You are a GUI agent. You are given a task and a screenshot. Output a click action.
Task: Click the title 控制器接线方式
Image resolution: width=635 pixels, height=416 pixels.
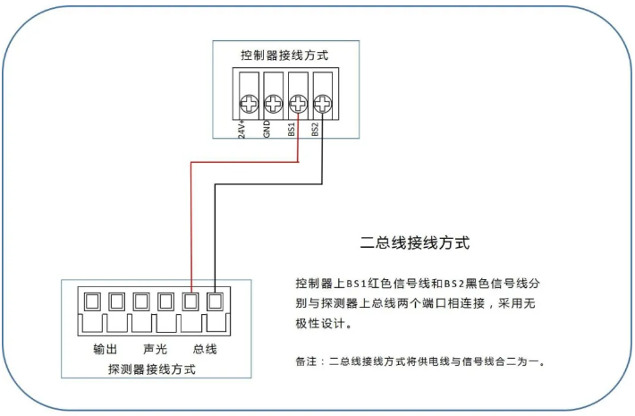[x=284, y=55]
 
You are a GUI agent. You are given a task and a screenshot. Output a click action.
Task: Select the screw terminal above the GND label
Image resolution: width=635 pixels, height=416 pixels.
[x=274, y=103]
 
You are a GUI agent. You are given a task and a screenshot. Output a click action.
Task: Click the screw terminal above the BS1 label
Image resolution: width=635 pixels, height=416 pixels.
[x=298, y=103]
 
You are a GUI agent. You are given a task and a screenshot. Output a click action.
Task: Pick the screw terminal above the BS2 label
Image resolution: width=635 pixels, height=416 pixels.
[x=321, y=103]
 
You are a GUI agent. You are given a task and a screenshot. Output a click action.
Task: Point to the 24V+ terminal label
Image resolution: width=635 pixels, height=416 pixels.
[x=242, y=130]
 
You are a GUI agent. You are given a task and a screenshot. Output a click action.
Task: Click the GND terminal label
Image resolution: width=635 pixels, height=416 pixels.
[x=267, y=130]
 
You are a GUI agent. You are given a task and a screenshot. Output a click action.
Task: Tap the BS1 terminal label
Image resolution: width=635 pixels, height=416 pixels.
[x=292, y=130]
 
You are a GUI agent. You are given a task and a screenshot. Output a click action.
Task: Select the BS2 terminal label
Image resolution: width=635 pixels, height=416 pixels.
[x=316, y=130]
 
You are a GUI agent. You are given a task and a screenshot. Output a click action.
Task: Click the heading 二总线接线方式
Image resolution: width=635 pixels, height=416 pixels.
[x=414, y=242]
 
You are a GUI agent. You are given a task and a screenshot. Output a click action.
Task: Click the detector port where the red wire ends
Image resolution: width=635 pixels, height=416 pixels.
[x=190, y=301]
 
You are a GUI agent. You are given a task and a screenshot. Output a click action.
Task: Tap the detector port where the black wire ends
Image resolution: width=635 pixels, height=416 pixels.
[x=215, y=301]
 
